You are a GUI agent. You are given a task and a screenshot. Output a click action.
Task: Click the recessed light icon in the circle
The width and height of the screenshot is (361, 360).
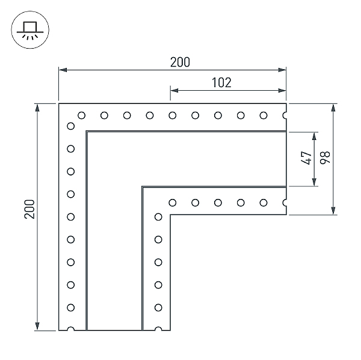coord(30,29)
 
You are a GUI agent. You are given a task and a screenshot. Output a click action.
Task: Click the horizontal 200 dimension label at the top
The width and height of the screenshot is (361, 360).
coord(180,62)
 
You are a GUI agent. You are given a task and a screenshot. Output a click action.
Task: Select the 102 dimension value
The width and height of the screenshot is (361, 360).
coord(221,82)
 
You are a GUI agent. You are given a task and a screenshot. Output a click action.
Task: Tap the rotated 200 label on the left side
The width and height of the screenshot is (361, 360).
coord(29,209)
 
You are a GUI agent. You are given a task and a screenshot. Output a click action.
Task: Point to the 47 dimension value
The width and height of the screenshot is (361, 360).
coord(306,158)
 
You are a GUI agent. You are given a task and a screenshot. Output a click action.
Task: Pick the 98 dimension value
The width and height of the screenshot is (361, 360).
coord(325,158)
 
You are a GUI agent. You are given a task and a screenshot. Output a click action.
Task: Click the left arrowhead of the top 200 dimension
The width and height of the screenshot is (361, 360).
coord(63,70)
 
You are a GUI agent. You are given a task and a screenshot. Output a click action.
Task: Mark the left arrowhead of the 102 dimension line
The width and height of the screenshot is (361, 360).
coord(174,90)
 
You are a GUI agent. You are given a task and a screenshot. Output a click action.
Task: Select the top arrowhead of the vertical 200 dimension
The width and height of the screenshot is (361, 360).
coord(37,108)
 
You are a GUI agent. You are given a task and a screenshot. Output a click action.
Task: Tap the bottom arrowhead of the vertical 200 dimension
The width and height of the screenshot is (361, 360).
coord(37,326)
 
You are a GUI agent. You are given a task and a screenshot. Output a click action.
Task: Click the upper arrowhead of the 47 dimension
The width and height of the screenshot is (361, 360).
coord(314,136)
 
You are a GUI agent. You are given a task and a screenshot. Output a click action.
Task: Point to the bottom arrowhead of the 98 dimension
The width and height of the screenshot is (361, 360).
coord(333,211)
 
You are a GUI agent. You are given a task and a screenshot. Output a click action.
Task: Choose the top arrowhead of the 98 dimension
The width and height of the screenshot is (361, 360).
coord(333,108)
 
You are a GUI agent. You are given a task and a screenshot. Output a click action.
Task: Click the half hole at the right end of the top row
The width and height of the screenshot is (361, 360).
coord(285,115)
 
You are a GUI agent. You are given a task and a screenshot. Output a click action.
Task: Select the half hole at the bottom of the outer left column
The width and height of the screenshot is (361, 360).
coord(70,329)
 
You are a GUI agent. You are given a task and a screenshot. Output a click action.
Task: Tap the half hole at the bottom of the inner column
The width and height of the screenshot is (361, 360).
coord(158,329)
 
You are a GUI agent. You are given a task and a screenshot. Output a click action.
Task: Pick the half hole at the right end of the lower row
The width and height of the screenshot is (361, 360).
coord(285,203)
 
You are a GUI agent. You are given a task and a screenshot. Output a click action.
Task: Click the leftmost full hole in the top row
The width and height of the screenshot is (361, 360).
coord(81,115)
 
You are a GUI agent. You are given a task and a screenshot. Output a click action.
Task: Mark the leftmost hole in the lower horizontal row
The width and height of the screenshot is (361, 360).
coord(173,203)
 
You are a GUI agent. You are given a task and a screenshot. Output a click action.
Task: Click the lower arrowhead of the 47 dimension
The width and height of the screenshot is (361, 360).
coord(314,182)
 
